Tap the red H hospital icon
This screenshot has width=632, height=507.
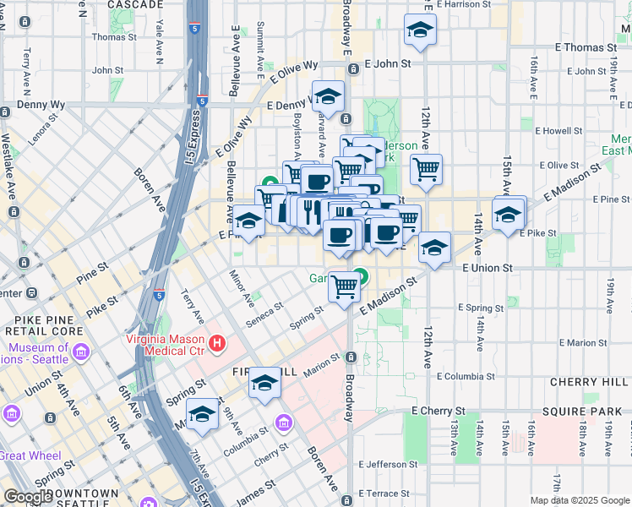click(x=217, y=344)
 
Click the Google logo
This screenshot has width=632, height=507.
click(x=28, y=497)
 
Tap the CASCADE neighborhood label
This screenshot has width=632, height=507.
click(x=135, y=4)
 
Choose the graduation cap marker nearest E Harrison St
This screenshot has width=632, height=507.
click(x=420, y=30)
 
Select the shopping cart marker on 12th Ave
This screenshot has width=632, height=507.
click(x=427, y=168)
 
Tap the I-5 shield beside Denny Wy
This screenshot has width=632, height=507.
click(x=202, y=101)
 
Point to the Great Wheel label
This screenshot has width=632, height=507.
click(x=29, y=455)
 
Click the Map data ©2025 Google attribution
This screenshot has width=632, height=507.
click(x=580, y=500)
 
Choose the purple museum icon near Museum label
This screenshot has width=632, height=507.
click(x=81, y=351)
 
